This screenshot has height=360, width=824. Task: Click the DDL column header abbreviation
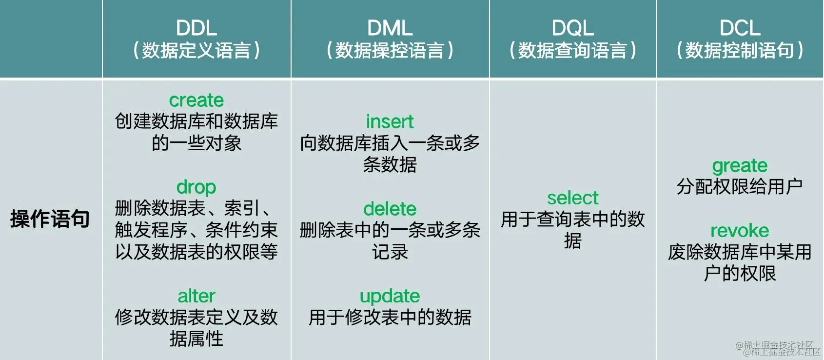click(196, 28)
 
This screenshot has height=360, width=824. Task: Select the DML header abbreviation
click(390, 28)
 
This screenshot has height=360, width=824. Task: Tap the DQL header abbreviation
click(572, 28)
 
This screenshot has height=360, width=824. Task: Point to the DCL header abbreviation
click(740, 28)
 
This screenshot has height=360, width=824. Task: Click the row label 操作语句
click(50, 219)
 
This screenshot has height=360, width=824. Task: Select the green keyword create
click(196, 100)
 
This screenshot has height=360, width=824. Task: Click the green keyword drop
click(196, 187)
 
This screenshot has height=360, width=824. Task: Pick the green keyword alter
click(196, 296)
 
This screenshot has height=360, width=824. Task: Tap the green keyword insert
click(390, 121)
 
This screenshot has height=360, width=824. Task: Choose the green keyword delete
click(390, 209)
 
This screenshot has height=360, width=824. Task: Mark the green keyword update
click(390, 296)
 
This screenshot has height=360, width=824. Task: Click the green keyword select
click(572, 198)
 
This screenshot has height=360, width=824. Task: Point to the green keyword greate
click(740, 166)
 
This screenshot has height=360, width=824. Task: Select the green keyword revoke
click(740, 230)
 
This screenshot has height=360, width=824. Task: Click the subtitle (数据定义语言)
click(196, 50)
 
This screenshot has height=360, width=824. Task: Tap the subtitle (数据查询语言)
click(572, 50)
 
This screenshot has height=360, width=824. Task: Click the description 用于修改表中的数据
click(390, 318)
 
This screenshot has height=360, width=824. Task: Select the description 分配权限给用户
click(740, 186)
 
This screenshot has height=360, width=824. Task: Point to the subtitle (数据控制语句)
click(740, 50)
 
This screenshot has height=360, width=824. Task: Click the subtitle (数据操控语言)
click(390, 50)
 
